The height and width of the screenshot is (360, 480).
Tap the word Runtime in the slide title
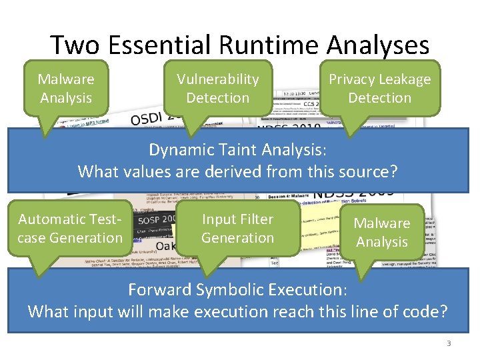[x=271, y=45]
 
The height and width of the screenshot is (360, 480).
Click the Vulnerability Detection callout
[x=217, y=88]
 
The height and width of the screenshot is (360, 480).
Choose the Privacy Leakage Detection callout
[x=379, y=88]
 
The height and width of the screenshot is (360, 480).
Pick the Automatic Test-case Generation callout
[x=70, y=228]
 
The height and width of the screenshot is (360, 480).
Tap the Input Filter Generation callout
[x=237, y=228]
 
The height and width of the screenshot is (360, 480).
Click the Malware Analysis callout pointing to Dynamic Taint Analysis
[x=65, y=88]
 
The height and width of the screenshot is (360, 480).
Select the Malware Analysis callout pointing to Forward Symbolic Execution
[x=381, y=232]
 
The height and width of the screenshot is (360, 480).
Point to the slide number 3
[x=449, y=343]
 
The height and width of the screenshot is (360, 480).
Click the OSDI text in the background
[x=150, y=119]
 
